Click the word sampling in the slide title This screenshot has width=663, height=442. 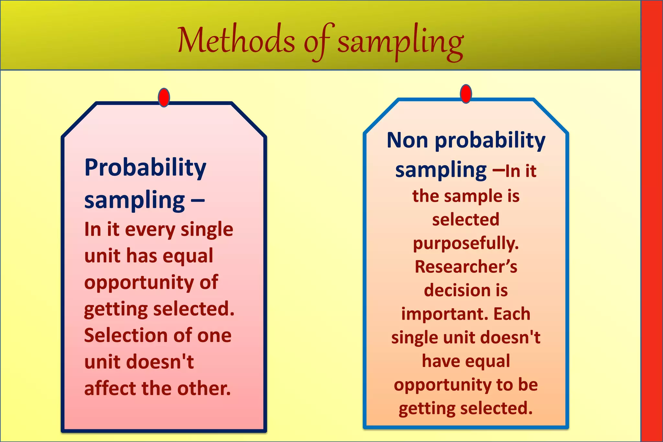[x=400, y=42]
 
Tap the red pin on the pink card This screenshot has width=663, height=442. [x=164, y=97]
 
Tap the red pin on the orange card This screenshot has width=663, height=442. [x=466, y=94]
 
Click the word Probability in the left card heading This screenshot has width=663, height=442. [x=145, y=168]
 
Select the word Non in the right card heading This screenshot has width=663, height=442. [x=407, y=141]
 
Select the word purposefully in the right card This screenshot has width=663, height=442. [x=466, y=244]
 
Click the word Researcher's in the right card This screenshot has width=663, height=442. [x=466, y=267]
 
